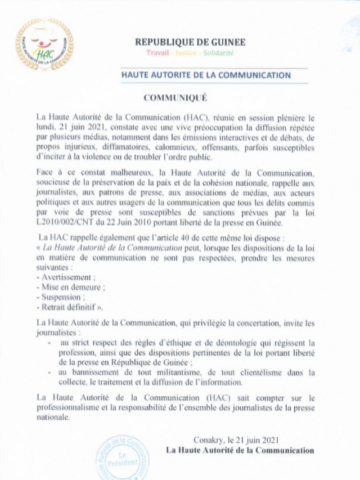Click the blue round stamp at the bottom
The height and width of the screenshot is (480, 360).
[119, 452]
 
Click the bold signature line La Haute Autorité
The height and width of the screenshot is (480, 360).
[240, 450]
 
